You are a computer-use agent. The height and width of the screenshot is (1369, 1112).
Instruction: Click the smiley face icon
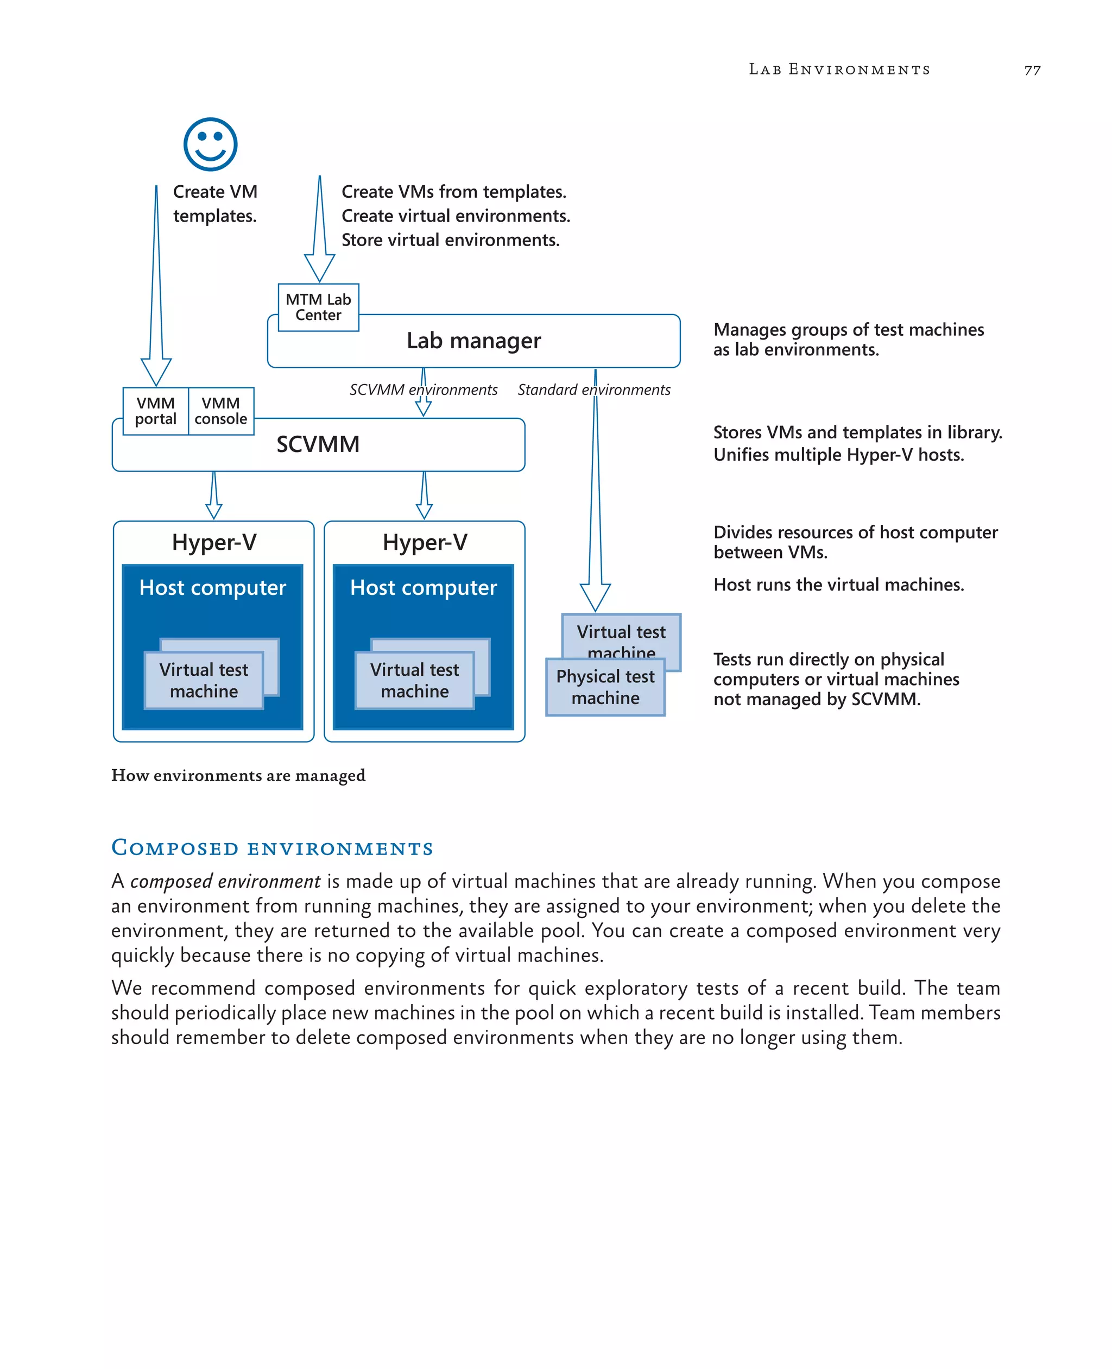click(210, 144)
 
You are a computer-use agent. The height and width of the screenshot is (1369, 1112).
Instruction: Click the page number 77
click(1032, 71)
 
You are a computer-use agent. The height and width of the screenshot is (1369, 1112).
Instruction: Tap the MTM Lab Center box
click(318, 307)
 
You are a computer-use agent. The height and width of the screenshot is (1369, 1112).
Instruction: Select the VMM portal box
click(156, 411)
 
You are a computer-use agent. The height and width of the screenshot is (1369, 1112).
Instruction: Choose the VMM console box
click(221, 411)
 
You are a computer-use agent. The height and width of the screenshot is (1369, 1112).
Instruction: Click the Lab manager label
click(473, 340)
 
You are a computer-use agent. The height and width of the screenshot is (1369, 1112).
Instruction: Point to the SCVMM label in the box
click(318, 444)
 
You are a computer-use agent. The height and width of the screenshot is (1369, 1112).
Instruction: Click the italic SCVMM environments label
click(423, 390)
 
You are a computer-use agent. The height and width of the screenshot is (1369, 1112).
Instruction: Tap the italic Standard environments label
click(594, 390)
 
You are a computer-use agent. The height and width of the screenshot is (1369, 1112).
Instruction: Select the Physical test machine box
click(605, 687)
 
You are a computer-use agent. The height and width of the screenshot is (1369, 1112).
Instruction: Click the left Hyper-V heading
click(214, 542)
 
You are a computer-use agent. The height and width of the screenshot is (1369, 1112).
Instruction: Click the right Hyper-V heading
click(425, 542)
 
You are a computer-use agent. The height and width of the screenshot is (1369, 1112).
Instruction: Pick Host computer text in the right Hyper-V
click(424, 588)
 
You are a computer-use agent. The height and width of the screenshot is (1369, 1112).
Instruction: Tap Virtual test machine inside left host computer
click(204, 680)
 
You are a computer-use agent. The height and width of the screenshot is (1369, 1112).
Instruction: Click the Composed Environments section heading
click(272, 848)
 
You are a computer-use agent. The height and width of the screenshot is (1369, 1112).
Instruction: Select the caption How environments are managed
click(238, 776)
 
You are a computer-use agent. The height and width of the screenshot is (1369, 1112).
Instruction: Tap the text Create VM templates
click(215, 204)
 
